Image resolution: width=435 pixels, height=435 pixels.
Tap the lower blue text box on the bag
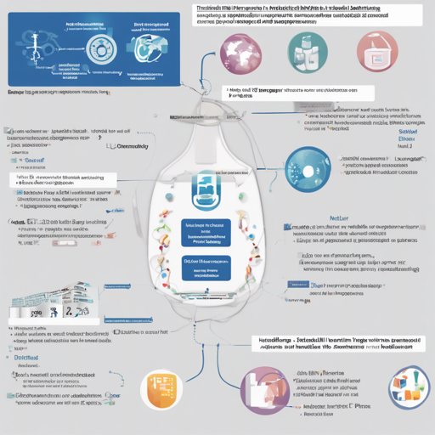(206, 268)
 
